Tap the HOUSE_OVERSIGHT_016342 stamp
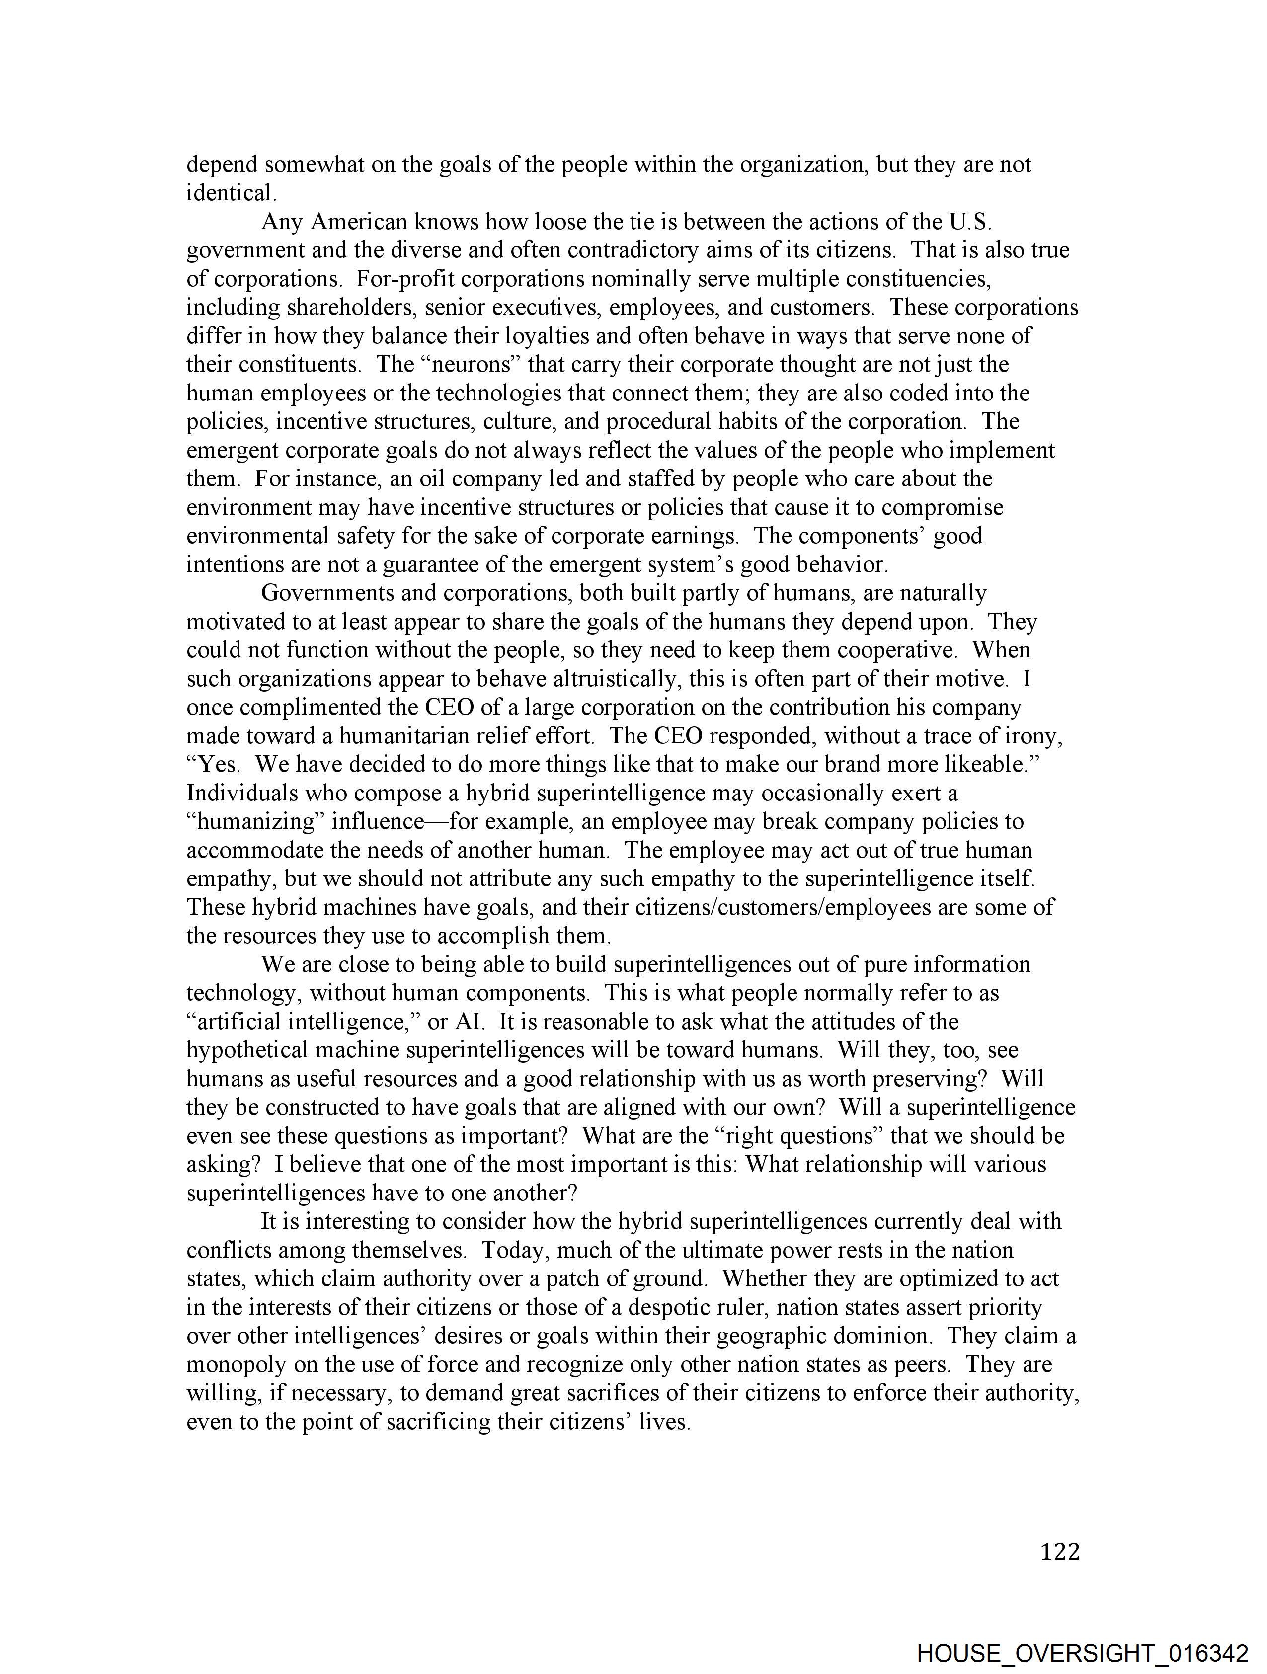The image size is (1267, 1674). click(1082, 1653)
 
